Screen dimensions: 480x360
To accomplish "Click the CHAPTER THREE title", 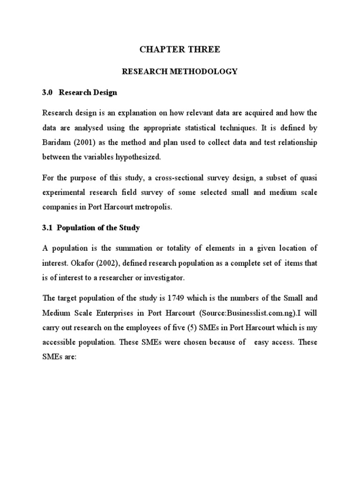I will (180, 50).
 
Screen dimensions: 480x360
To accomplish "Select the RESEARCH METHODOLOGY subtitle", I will (180, 72).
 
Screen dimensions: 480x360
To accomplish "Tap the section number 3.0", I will (48, 93).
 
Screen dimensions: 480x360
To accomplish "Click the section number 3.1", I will (48, 228).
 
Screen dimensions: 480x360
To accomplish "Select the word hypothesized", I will (139, 157).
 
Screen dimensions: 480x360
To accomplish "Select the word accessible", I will (61, 342).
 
